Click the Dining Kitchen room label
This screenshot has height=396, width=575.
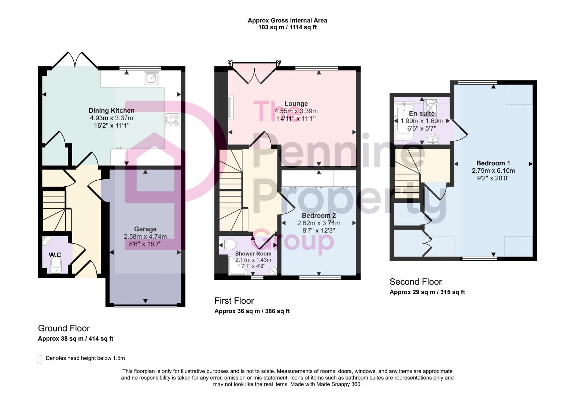click(111, 110)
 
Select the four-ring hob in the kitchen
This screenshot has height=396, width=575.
click(173, 120)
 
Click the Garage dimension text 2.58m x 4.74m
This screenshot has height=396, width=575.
click(145, 236)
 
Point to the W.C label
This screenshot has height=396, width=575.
click(55, 255)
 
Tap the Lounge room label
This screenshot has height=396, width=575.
click(296, 104)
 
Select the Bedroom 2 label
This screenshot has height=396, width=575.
click(318, 216)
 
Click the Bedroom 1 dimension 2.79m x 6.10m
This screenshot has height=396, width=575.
click(493, 170)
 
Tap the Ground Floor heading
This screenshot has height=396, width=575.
click(64, 328)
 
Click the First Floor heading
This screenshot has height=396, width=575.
click(234, 301)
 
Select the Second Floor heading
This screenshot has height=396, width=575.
click(416, 282)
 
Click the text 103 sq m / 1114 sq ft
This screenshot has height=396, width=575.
click(287, 27)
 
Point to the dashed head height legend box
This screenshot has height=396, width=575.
click(40, 359)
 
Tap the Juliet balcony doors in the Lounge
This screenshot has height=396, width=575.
click(253, 72)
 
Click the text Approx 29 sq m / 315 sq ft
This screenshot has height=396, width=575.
click(427, 292)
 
